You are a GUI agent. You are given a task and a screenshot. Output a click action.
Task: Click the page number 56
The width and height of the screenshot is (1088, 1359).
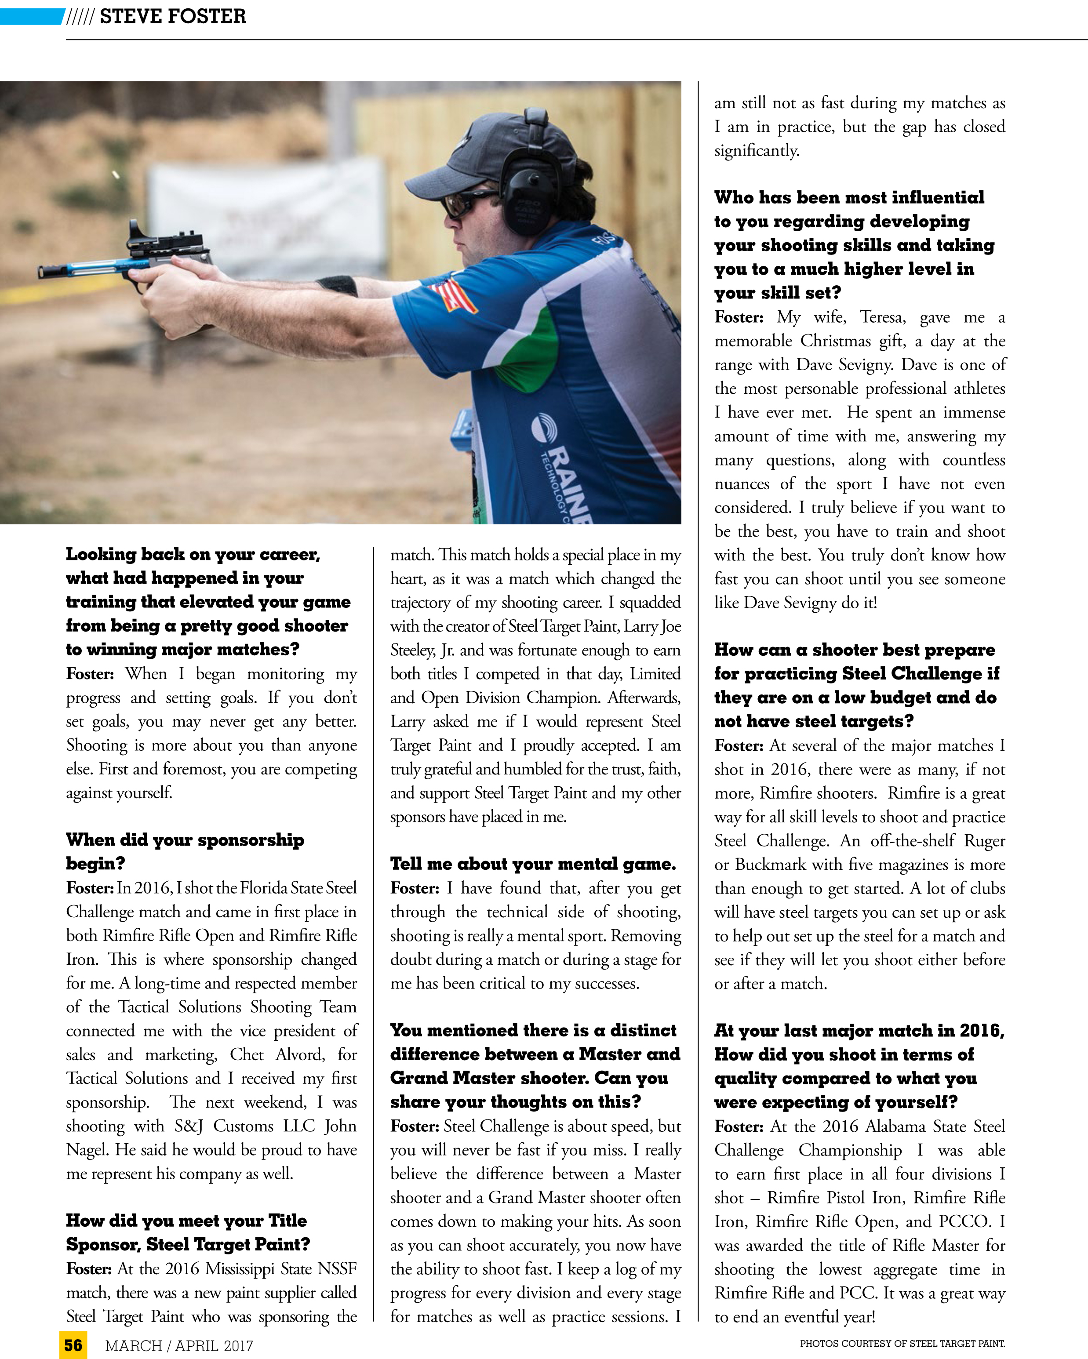73,1345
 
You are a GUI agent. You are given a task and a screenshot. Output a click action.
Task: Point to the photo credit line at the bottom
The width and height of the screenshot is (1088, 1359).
902,1343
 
